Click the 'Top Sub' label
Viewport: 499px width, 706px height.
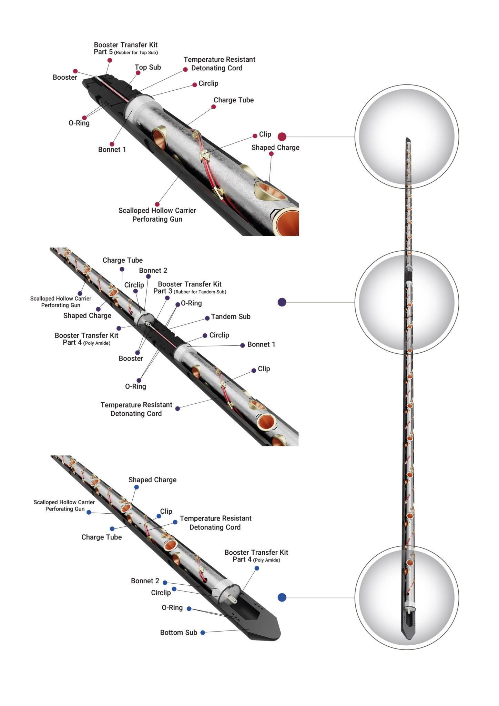pos(148,67)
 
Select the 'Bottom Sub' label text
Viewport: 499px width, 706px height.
pos(179,633)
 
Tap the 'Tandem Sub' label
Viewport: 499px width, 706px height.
pos(231,316)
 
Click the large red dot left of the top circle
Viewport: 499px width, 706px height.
pos(282,137)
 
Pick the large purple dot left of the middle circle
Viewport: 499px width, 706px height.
pos(282,302)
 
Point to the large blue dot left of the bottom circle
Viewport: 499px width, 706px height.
pos(282,597)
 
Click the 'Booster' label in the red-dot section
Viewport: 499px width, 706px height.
pos(65,77)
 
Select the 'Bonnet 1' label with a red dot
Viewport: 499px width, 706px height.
pos(112,150)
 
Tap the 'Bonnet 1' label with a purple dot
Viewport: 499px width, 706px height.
pos(261,344)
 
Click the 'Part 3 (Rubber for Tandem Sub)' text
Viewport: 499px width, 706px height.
pos(190,291)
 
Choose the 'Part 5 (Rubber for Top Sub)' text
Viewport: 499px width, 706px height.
pos(126,52)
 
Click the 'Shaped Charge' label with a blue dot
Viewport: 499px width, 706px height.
pos(152,480)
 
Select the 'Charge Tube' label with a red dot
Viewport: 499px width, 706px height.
pos(234,100)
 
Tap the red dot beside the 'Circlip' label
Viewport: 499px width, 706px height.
pos(195,85)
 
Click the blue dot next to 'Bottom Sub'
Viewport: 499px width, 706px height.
pos(203,633)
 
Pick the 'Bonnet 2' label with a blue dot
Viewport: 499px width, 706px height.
pos(145,581)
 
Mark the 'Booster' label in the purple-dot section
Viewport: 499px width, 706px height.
pos(131,359)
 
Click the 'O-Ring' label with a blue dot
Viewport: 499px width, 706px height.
pos(172,607)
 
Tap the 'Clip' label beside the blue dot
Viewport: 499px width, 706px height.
pos(166,512)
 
